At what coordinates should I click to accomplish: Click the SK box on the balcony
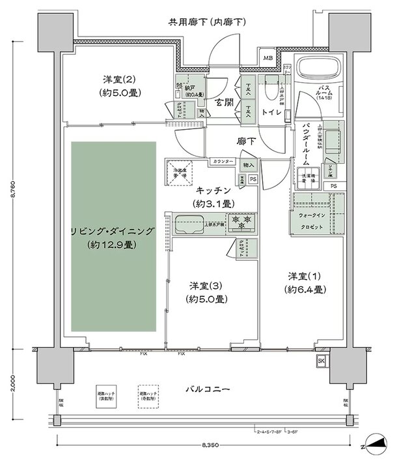pyautogui.click(x=322, y=361)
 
